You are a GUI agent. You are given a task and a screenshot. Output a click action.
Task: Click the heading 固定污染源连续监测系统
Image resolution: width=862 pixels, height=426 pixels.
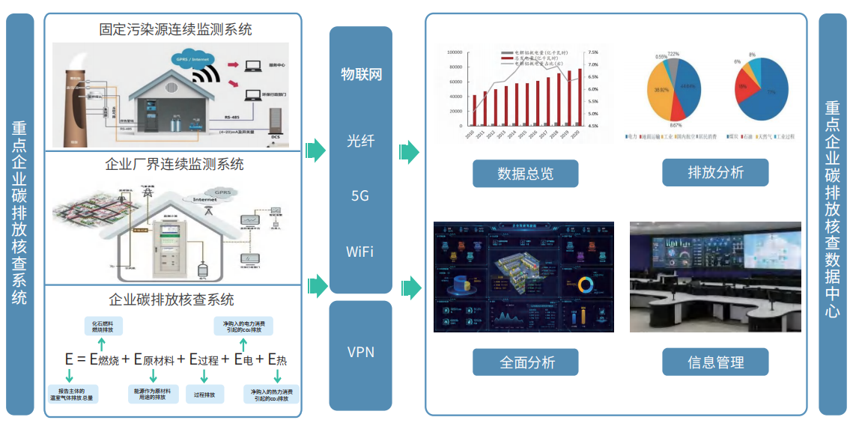pos(175,30)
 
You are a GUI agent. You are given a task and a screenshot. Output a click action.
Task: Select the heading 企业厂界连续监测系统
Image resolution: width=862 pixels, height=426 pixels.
pos(175,165)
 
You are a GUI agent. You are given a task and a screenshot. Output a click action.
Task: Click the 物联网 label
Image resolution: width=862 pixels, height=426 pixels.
pos(361,75)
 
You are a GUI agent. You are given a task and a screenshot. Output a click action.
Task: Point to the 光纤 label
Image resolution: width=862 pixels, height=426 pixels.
pos(360,140)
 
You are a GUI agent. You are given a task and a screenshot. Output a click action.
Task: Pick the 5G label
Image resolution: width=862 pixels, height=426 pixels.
pos(360,196)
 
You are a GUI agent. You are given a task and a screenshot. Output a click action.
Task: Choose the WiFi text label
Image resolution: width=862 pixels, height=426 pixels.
pos(360,251)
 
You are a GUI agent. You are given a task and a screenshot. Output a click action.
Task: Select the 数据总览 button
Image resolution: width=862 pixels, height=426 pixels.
pos(525,174)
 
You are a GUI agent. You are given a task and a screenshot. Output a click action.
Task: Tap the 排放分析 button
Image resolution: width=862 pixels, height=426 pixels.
pos(715,173)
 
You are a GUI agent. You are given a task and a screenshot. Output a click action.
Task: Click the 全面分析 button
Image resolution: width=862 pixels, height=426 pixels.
pos(525,362)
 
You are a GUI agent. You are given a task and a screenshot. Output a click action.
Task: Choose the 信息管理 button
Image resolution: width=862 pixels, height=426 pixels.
pos(715,362)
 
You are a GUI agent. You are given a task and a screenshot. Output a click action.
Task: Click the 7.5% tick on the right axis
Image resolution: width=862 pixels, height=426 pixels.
pos(593,52)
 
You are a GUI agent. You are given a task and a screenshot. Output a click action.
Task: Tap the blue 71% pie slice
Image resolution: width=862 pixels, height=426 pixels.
pos(769,94)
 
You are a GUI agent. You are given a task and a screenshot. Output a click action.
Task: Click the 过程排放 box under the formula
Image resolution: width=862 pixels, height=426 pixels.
pos(204,395)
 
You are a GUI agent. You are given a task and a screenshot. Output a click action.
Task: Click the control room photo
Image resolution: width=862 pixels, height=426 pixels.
pos(714,277)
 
